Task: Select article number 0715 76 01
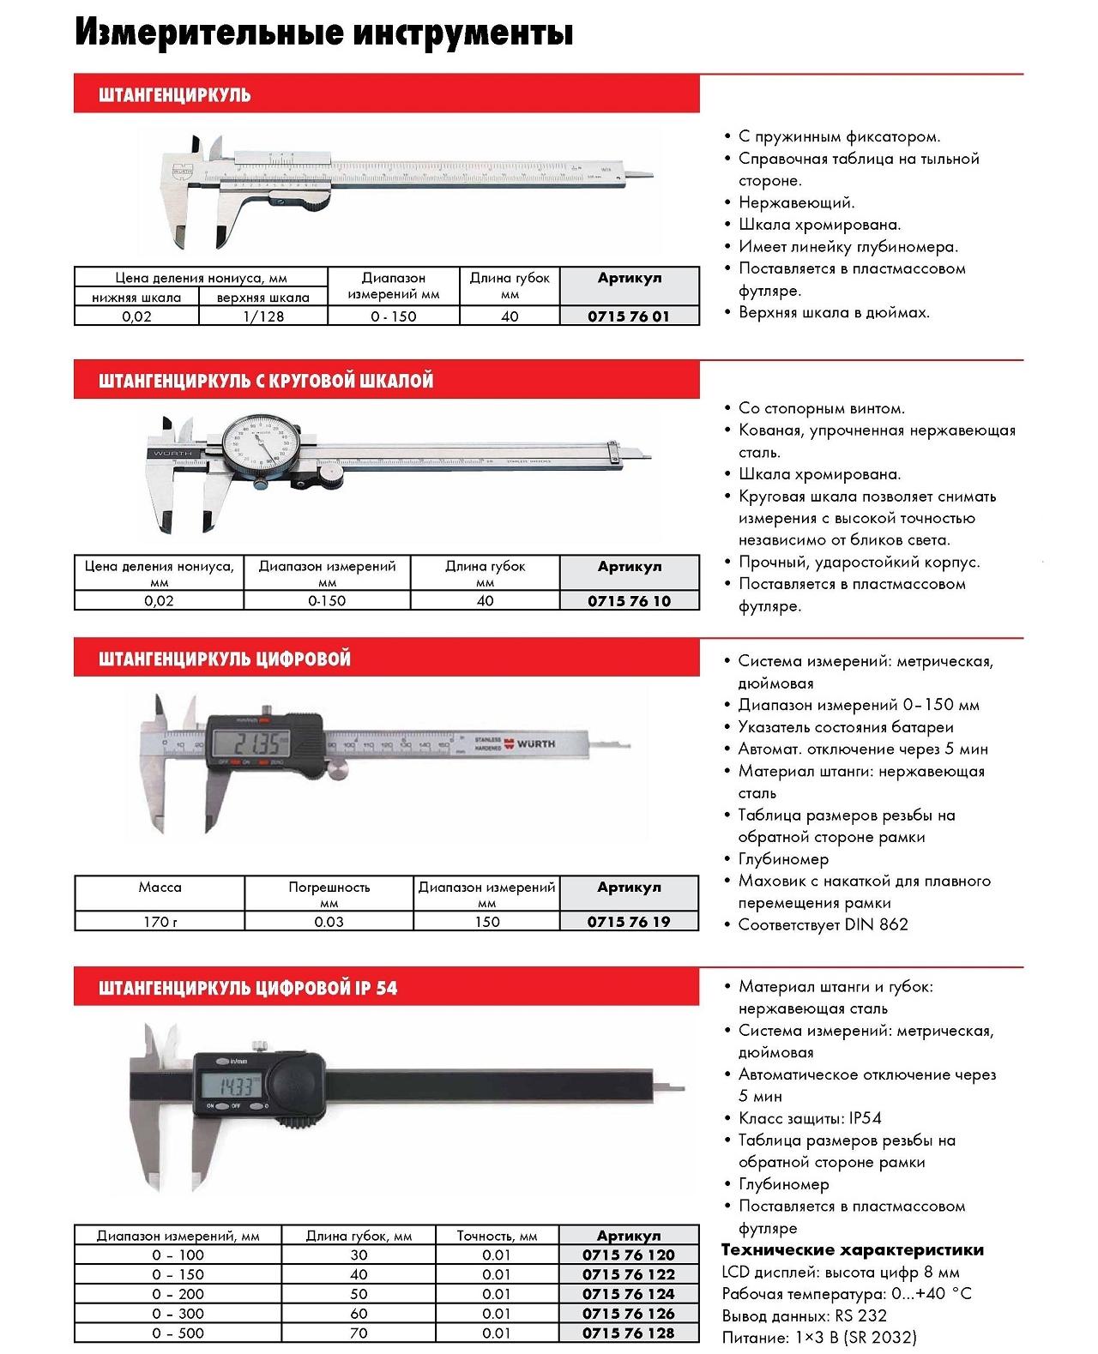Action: [x=629, y=316]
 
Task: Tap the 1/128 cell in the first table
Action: [x=262, y=316]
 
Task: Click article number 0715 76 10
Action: [x=629, y=600]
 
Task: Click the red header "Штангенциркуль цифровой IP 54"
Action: [x=248, y=987]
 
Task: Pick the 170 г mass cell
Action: [x=160, y=922]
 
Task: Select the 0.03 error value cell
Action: [x=329, y=922]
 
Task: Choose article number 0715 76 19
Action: [x=629, y=922]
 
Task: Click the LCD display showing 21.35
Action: [x=263, y=743]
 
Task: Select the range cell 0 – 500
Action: [x=178, y=1333]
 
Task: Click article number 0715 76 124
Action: [x=629, y=1294]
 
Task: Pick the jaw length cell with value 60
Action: [x=359, y=1314]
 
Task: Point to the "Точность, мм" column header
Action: [x=497, y=1236]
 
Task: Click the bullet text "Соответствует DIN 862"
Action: [x=823, y=924]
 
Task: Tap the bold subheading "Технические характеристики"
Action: [x=853, y=1249]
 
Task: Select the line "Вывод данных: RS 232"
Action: [x=804, y=1315]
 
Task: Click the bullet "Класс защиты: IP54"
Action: [x=809, y=1118]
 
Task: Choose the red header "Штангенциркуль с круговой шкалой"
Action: [x=266, y=380]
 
